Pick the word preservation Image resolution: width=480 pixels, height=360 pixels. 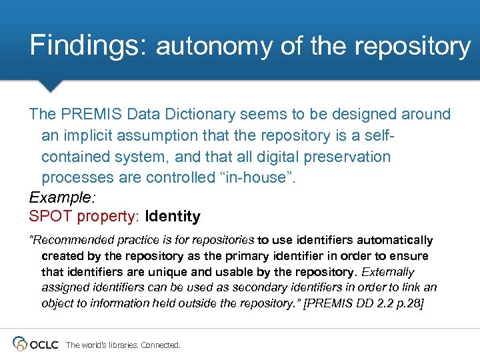point(347,157)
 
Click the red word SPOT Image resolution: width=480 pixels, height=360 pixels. point(51,217)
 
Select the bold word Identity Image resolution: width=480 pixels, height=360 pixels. point(173,217)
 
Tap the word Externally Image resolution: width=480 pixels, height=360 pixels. point(388,272)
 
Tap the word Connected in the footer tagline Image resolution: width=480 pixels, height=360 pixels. point(161,345)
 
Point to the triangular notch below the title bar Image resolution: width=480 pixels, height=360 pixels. point(50,85)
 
